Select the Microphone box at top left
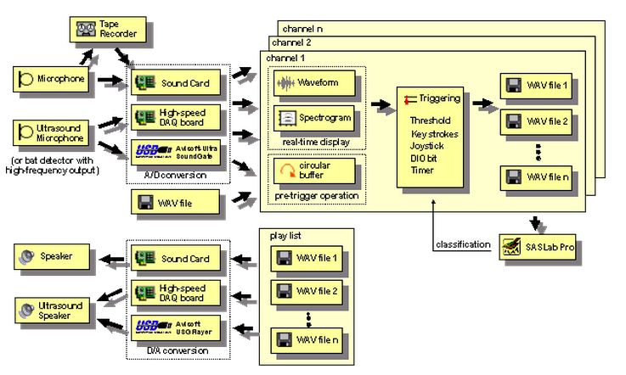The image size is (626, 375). pos(52,81)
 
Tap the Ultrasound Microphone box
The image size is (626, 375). pos(52,132)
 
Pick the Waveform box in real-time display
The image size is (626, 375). pos(315,84)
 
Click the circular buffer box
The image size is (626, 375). pos(315,170)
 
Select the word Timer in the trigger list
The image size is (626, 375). pos(422,171)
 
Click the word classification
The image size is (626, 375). pos(464,244)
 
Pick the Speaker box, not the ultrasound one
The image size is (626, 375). pos(52,255)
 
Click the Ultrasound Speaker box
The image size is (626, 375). pos(52,310)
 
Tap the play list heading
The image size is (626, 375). pos(278,235)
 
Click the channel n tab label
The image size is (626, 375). pos(302,27)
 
